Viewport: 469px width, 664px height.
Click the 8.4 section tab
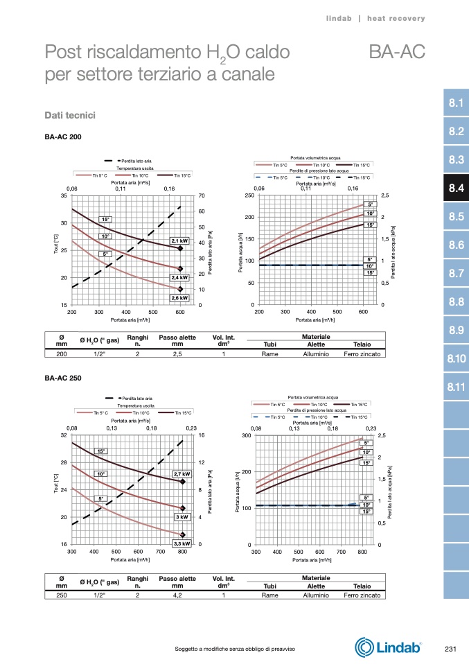tap(455, 188)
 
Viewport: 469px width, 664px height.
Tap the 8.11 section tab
tap(455, 387)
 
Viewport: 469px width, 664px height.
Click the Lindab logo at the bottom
tap(389, 648)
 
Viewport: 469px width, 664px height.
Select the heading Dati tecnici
tap(69, 114)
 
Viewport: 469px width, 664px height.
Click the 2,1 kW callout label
tap(180, 241)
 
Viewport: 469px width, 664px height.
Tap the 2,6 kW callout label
tap(180, 297)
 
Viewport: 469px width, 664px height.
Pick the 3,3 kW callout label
tap(182, 544)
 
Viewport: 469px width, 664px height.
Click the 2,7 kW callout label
tap(182, 474)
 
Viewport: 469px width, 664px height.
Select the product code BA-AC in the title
tap(396, 52)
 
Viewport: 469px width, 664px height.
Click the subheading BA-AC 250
tap(63, 378)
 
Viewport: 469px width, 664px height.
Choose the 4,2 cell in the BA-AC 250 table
tap(177, 595)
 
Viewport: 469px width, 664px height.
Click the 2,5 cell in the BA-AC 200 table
tap(177, 353)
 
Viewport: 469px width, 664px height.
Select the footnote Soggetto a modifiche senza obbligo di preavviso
tap(236, 649)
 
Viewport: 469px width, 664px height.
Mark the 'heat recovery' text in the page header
tap(396, 18)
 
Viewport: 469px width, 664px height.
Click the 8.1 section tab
tap(455, 103)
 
